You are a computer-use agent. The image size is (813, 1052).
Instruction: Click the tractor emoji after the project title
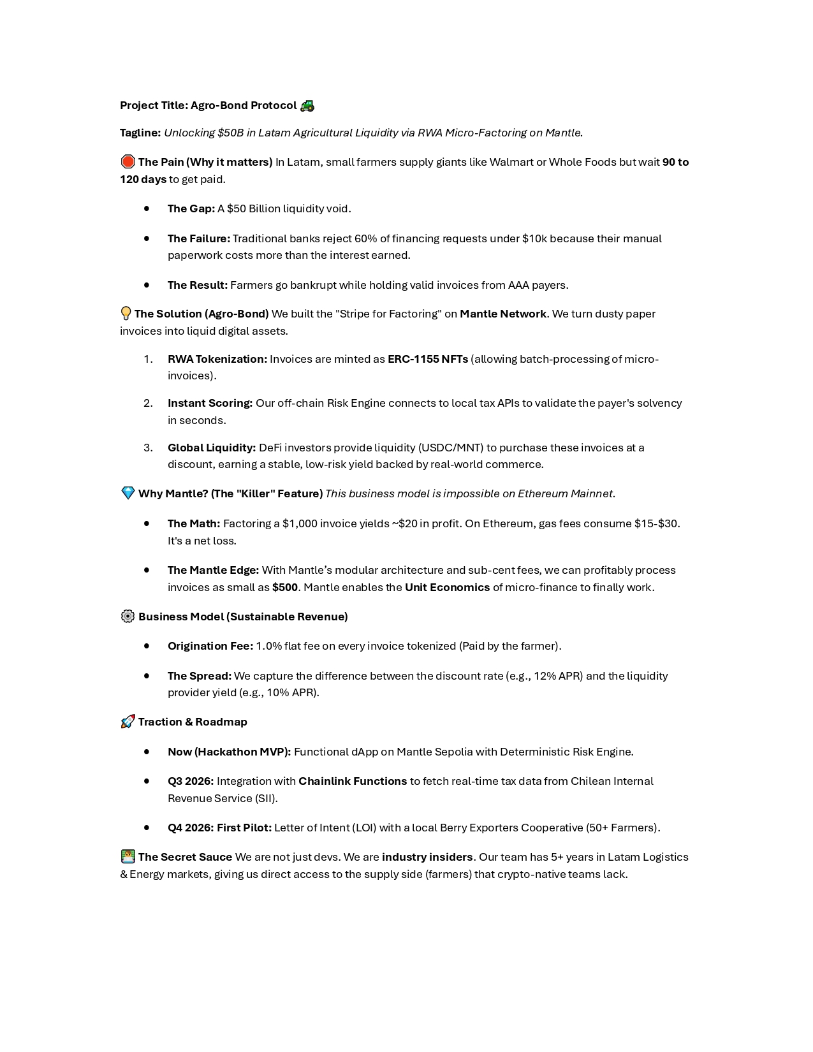coord(307,105)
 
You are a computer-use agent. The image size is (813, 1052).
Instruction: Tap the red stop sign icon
coord(128,162)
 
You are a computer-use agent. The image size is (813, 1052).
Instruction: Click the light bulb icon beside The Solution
coord(126,314)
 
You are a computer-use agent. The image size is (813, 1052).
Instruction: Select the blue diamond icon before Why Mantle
coord(128,493)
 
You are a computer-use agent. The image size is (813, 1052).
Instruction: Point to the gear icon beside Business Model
coord(128,617)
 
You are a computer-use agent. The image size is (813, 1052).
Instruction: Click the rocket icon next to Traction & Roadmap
coord(128,722)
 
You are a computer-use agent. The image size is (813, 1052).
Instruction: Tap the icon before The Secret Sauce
coord(128,857)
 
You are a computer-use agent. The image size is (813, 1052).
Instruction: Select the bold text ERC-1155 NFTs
coord(428,359)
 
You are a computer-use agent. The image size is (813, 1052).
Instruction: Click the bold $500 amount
coord(285,587)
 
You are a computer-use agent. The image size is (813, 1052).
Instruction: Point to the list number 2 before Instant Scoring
coord(148,403)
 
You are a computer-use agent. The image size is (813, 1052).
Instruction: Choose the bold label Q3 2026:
coord(191,781)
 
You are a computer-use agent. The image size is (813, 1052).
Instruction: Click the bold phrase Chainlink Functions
coord(353,781)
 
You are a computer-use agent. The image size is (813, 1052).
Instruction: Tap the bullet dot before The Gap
coord(147,208)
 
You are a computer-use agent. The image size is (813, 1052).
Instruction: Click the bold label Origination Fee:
coord(210,646)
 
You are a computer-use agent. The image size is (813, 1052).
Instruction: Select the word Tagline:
coord(140,133)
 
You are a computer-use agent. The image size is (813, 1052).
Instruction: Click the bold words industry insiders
coord(427,857)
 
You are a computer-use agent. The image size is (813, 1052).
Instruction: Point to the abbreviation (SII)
coord(265,798)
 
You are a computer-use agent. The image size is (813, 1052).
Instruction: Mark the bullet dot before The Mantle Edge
coord(147,570)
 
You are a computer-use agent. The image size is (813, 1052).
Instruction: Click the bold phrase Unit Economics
coord(447,587)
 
